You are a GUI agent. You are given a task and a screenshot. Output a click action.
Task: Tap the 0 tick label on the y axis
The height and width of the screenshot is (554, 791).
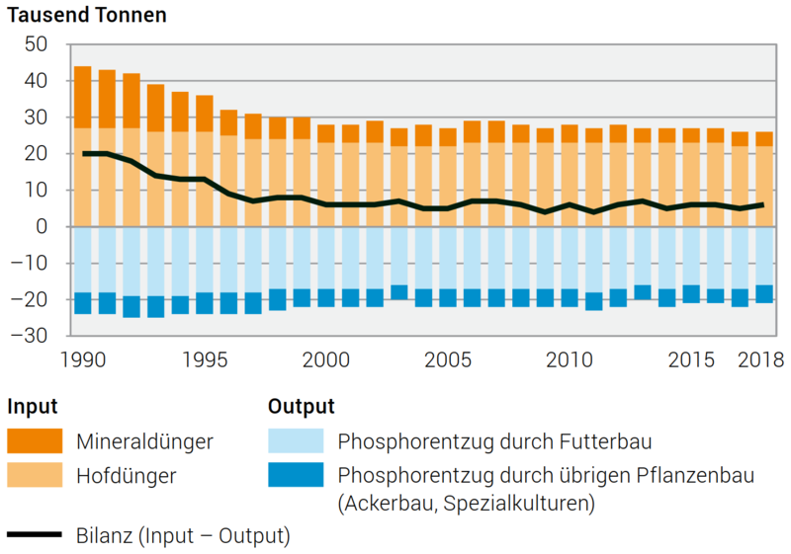click(x=42, y=227)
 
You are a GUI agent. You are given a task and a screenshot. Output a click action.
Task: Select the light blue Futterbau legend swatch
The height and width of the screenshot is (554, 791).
click(x=296, y=440)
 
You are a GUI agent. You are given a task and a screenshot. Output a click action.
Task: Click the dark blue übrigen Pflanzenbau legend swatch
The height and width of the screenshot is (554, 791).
click(x=296, y=475)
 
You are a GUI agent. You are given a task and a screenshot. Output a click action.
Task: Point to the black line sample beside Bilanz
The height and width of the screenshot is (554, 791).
click(x=35, y=536)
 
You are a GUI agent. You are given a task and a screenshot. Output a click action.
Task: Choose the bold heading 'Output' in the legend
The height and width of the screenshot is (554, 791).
click(x=301, y=406)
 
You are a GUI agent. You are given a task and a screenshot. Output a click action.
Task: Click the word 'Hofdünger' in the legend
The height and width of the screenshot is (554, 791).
click(x=127, y=476)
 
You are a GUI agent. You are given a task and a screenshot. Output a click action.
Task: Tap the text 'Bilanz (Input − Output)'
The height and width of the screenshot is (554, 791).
click(x=183, y=536)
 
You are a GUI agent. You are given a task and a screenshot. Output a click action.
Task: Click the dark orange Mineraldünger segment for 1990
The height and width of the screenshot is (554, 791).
click(x=83, y=97)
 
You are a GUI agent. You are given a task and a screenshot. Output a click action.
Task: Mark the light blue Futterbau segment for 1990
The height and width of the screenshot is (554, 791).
click(x=83, y=260)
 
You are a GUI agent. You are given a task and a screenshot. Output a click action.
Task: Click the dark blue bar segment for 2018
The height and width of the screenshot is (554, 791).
click(x=764, y=294)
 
